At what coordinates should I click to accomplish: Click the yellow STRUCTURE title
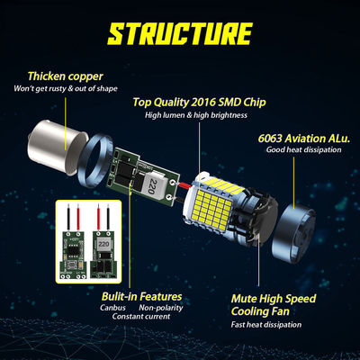(x=180, y=33)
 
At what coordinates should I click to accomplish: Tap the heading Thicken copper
(x=66, y=76)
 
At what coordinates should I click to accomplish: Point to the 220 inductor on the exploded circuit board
(x=153, y=187)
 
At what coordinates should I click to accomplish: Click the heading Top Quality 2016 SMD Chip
(x=199, y=102)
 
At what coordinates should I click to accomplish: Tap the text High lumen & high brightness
(x=196, y=115)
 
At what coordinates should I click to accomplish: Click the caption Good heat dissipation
(x=303, y=149)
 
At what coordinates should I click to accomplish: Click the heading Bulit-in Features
(x=141, y=296)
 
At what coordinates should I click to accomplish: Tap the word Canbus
(x=112, y=308)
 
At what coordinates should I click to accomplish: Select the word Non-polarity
(x=161, y=308)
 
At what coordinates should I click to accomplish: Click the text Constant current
(x=141, y=316)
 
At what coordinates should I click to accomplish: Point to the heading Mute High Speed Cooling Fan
(x=274, y=305)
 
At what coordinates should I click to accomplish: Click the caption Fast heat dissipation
(x=266, y=325)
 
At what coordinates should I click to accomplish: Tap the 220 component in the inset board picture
(x=103, y=244)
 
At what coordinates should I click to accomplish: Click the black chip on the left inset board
(x=73, y=247)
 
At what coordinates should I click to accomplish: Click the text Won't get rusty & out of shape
(x=66, y=88)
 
